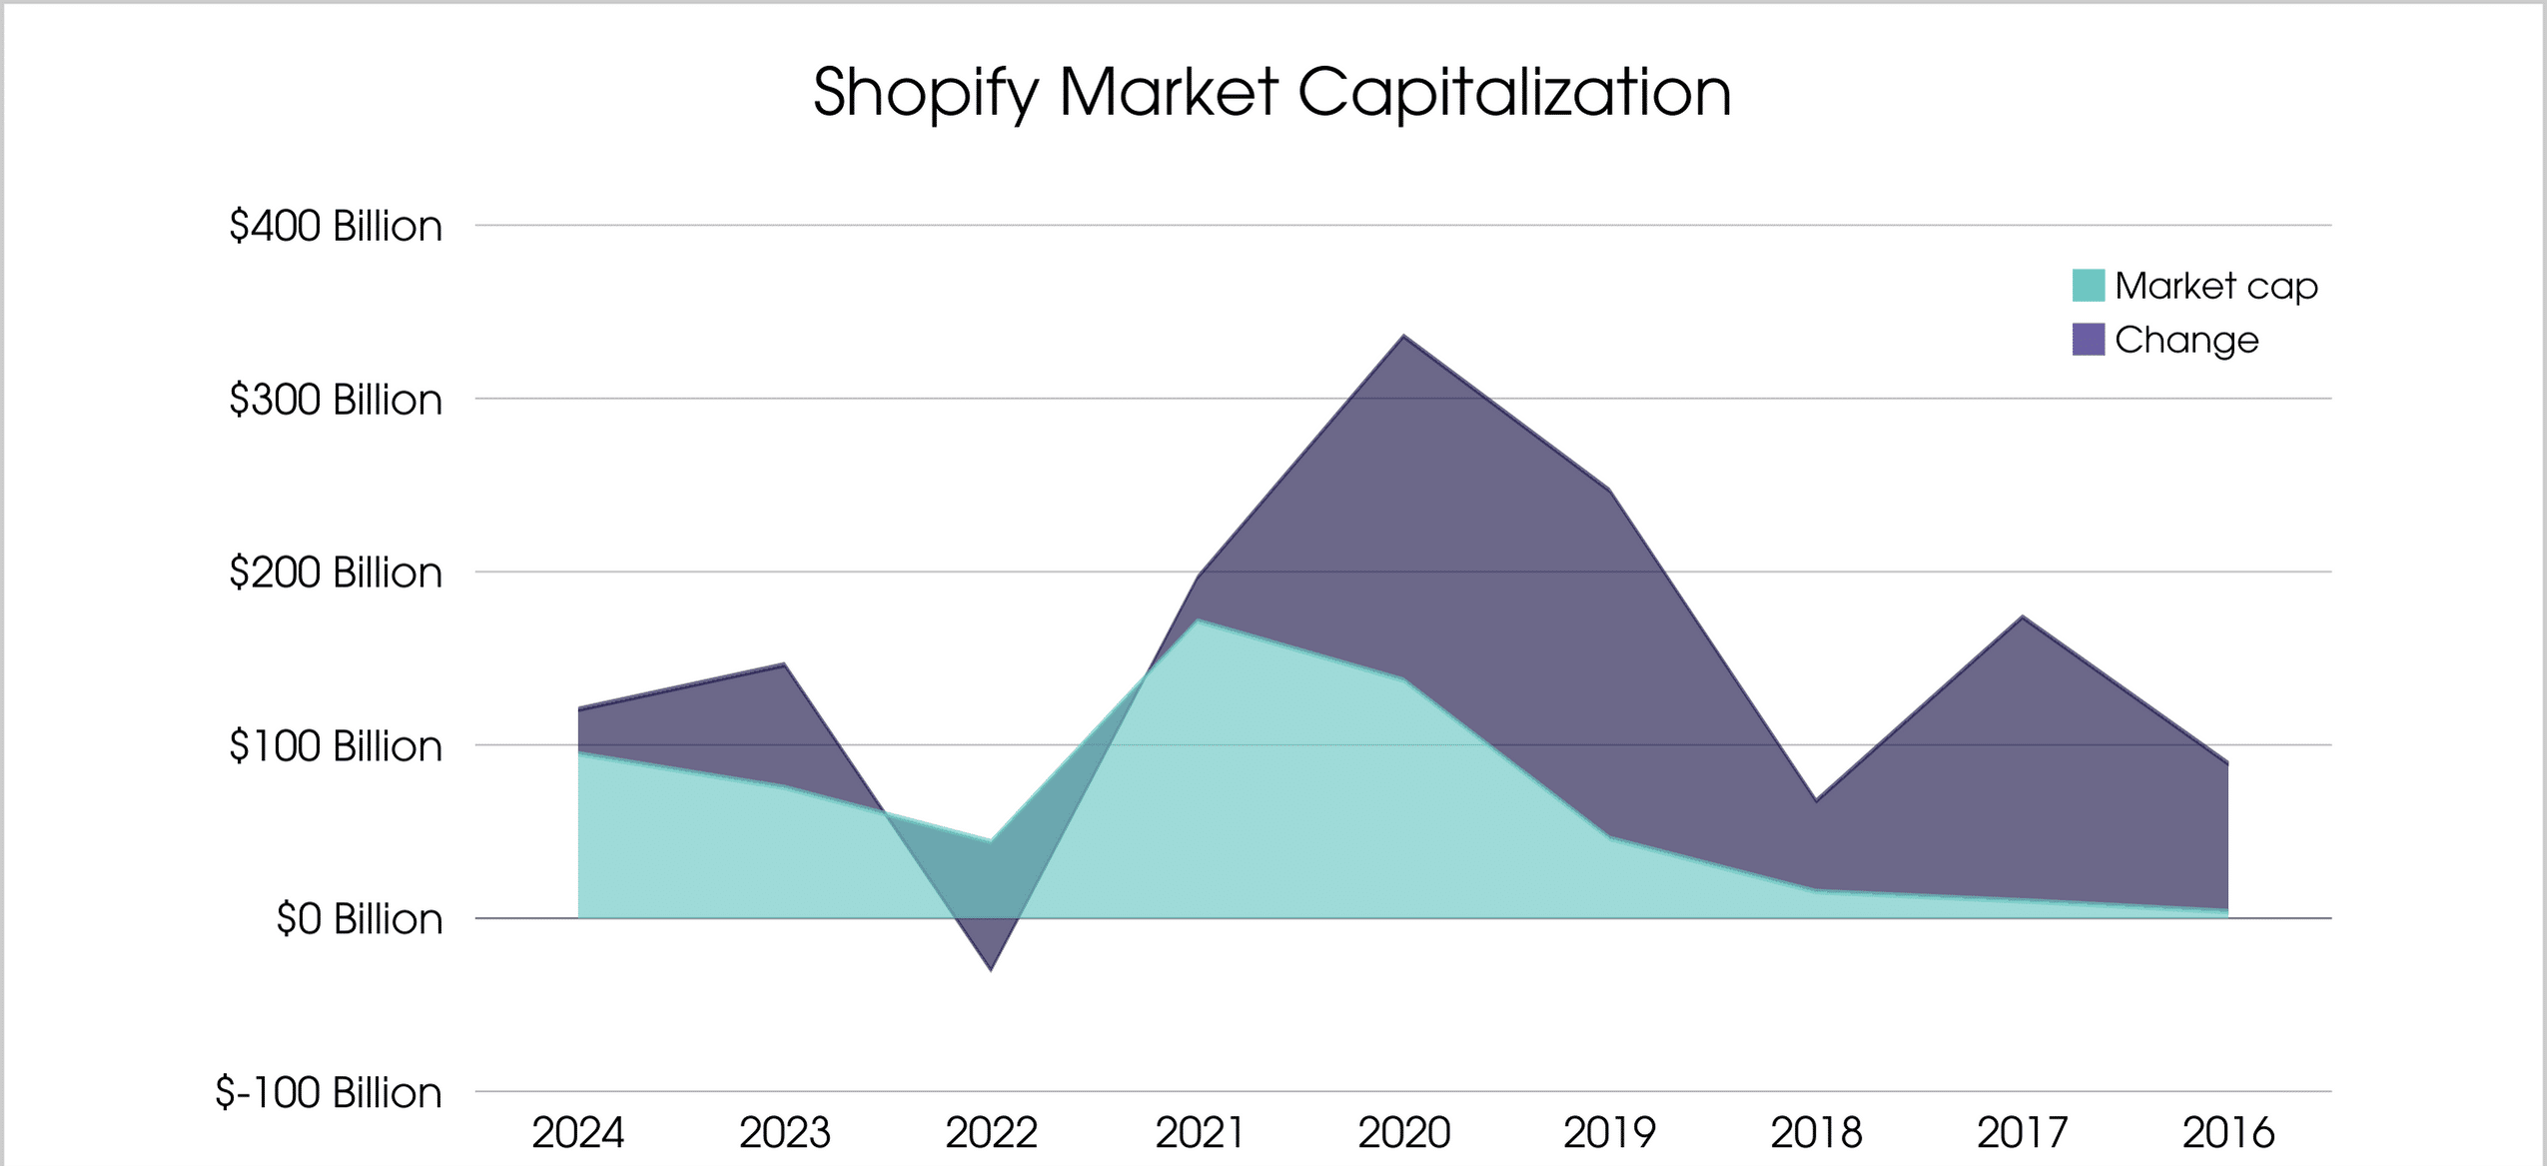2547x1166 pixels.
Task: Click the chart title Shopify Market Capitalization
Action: coord(1272,93)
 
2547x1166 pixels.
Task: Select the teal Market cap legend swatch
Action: coord(2088,286)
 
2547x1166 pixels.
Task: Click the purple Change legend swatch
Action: coord(2088,340)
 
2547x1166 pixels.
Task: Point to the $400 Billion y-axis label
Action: coord(336,226)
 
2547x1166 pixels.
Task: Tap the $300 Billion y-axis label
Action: coord(336,400)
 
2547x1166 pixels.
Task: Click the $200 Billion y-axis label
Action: coord(336,573)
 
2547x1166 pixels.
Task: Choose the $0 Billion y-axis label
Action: coord(359,919)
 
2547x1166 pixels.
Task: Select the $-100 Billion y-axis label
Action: coord(329,1092)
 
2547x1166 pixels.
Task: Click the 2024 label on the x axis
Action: coord(578,1133)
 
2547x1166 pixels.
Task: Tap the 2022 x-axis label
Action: coord(991,1133)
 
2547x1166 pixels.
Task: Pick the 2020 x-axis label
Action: coord(1404,1133)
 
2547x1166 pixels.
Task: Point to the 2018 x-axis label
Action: coord(1816,1133)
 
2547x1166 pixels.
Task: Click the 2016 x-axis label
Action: coord(2228,1133)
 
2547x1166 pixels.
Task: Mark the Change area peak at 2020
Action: coord(1404,337)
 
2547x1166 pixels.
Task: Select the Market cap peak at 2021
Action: coord(1198,620)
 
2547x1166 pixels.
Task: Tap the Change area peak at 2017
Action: coord(2023,616)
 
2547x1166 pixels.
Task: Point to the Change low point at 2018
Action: coord(1816,800)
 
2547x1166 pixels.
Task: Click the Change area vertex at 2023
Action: coord(784,664)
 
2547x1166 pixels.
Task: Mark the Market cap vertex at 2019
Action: coord(1610,837)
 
